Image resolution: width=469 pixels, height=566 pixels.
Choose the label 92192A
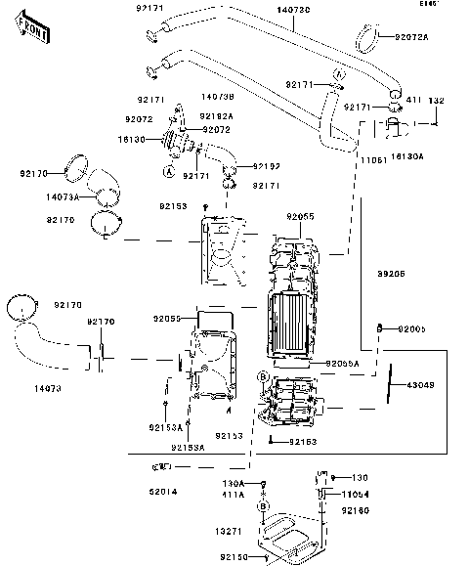coord(217,115)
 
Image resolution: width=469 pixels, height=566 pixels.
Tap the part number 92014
coord(163,491)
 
